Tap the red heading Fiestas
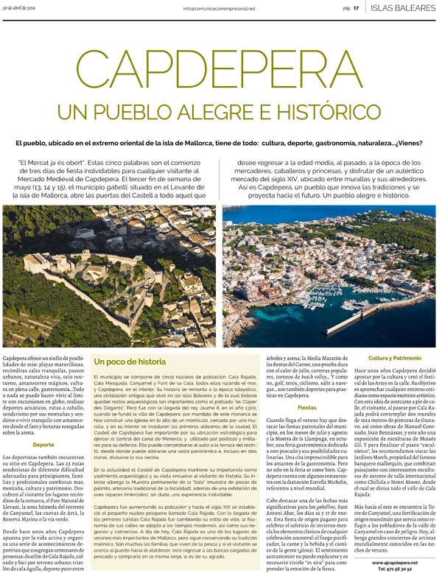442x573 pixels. (x=306, y=407)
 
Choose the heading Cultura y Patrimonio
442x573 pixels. (x=395, y=357)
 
